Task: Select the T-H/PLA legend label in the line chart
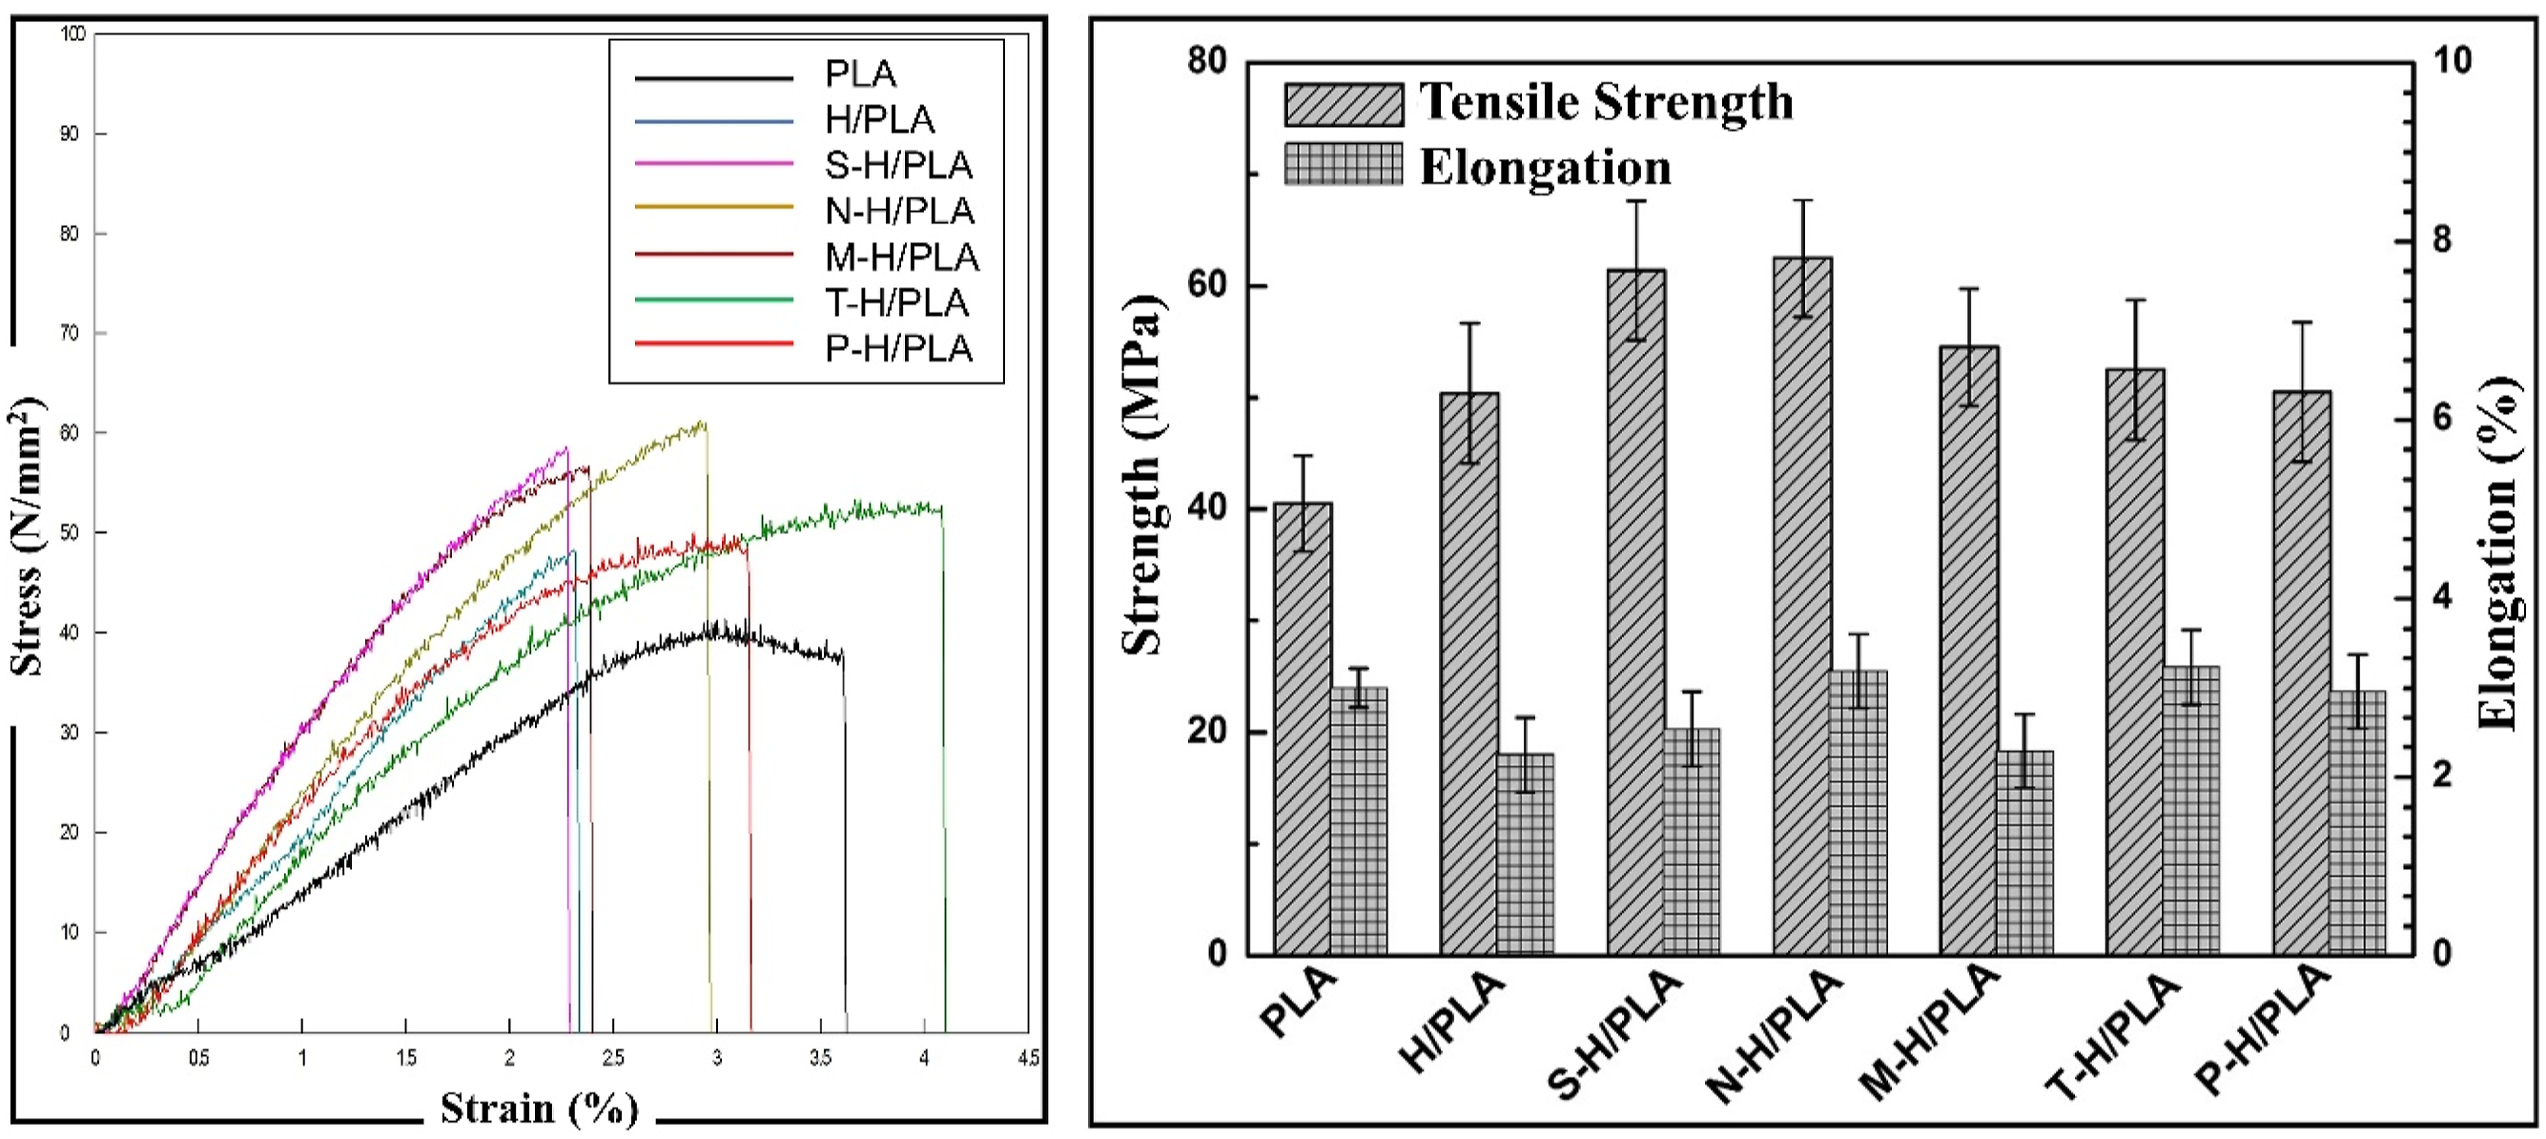[x=896, y=302]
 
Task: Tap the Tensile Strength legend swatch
[x=1344, y=104]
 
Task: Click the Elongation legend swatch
[x=1344, y=164]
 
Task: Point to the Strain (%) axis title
[x=540, y=1108]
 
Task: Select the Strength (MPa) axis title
[x=1143, y=475]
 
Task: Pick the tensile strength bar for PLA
[x=1303, y=729]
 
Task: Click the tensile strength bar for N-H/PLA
[x=1802, y=606]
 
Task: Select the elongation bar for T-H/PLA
[x=2190, y=811]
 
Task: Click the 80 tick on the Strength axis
[x=1207, y=61]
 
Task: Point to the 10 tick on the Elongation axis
[x=2453, y=60]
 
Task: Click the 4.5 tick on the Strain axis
[x=1028, y=1058]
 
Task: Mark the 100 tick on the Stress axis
[x=73, y=33]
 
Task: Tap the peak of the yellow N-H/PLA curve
[x=703, y=423]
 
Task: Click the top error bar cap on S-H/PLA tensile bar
[x=1636, y=201]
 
